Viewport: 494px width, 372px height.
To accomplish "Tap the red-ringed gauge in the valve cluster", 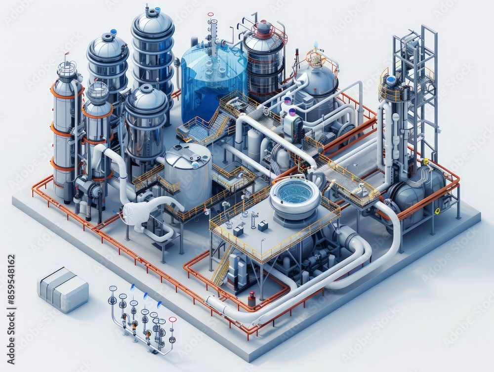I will (172, 320).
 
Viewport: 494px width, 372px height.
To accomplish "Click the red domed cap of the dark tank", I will (264, 28).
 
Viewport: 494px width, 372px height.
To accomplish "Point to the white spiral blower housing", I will (134, 213).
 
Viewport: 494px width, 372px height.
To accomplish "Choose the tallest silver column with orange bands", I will (66, 128).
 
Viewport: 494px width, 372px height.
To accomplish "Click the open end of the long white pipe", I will (210, 302).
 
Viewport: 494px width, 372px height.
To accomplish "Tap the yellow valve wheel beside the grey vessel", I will (437, 211).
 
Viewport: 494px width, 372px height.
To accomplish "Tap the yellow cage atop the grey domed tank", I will (316, 58).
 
